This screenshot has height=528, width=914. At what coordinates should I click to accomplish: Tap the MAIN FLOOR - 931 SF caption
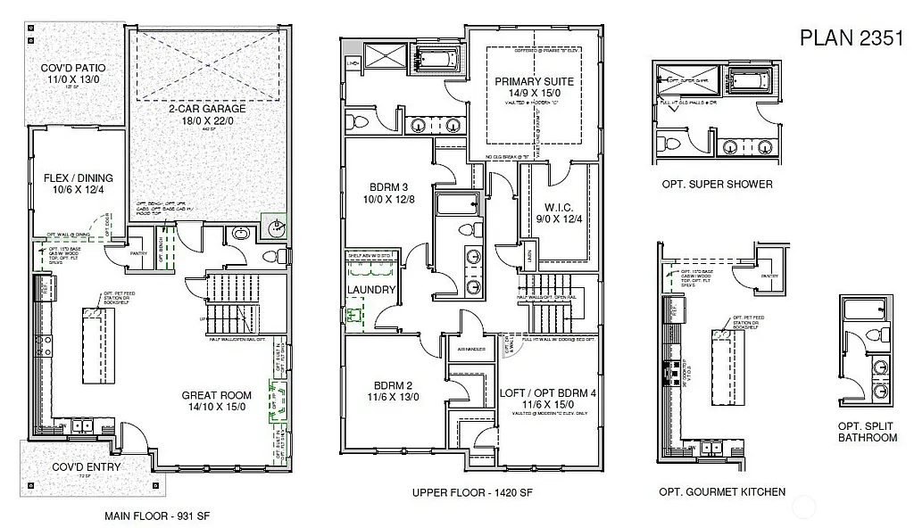coord(156,516)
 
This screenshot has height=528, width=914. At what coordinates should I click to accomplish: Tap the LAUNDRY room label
coord(371,290)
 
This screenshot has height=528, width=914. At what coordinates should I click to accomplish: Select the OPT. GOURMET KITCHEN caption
coord(722,491)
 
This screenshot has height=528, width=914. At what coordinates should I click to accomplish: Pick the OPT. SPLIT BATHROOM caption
coord(867,432)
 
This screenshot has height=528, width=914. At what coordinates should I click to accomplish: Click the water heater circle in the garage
coord(276,227)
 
